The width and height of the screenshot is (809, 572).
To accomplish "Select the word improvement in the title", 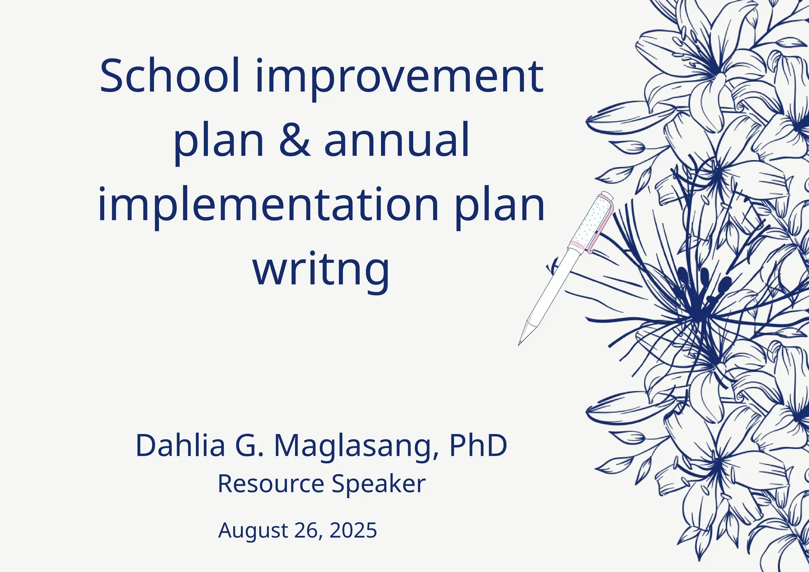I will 399,77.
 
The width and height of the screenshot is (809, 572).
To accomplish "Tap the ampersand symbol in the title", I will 295,140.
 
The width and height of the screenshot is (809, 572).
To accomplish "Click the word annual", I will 397,140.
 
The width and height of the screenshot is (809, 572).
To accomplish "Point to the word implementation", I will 268,206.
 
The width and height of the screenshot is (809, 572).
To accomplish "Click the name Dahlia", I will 180,446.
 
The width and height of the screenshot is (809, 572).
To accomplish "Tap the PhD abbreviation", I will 478,446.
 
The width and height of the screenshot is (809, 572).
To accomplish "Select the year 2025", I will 353,530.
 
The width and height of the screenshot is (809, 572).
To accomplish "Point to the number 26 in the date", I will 307,530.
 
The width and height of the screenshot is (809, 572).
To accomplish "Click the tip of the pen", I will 520,343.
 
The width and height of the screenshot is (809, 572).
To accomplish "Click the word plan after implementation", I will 499,206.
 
